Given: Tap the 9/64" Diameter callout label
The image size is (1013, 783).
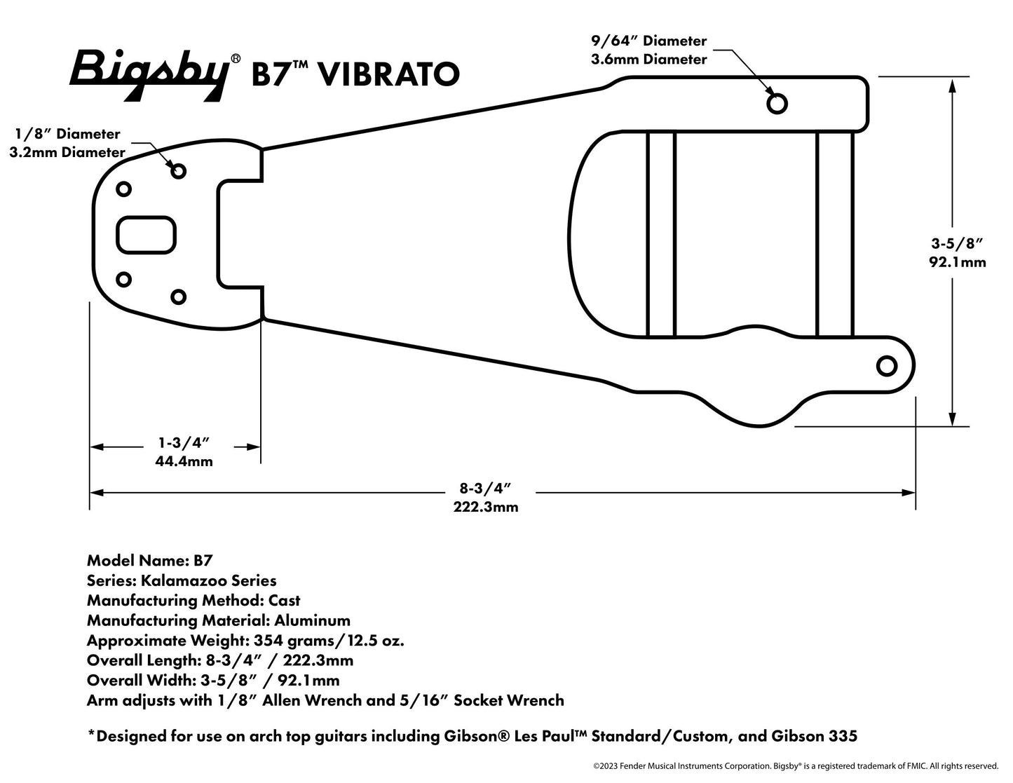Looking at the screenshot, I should pyautogui.click(x=648, y=41).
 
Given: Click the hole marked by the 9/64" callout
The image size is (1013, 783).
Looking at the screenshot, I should pyautogui.click(x=777, y=104).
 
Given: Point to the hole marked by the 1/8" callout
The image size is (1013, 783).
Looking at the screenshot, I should pyautogui.click(x=178, y=170).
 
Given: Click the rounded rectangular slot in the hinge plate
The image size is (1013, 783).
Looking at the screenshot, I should pyautogui.click(x=146, y=235).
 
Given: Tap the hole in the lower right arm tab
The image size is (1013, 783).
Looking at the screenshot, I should pyautogui.click(x=887, y=366).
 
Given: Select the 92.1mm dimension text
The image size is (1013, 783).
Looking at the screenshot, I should pyautogui.click(x=958, y=262).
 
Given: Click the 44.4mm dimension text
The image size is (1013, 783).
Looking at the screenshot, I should pyautogui.click(x=184, y=461).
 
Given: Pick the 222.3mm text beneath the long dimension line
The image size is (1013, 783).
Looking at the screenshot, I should pyautogui.click(x=486, y=507).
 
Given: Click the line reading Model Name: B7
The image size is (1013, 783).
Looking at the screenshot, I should pyautogui.click(x=149, y=560).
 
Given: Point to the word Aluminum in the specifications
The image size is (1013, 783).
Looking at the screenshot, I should pyautogui.click(x=312, y=620).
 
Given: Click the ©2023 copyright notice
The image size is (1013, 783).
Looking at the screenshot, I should pyautogui.click(x=795, y=765).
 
